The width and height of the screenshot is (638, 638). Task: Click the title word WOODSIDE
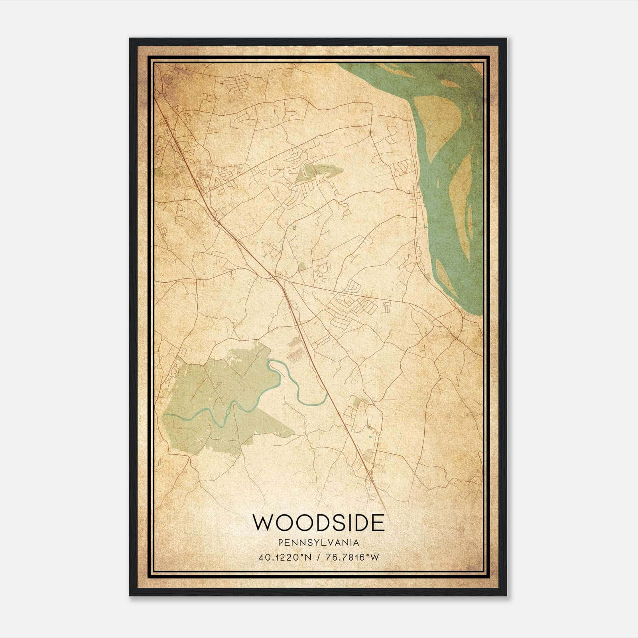[x=319, y=523]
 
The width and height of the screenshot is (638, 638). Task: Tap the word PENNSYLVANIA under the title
[x=319, y=543]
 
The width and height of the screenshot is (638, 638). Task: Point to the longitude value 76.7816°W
[x=352, y=557]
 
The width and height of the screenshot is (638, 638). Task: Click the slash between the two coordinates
[x=317, y=557]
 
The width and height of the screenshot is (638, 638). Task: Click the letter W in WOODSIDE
[x=263, y=523]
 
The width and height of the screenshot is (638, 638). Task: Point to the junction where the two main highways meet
[x=279, y=279]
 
